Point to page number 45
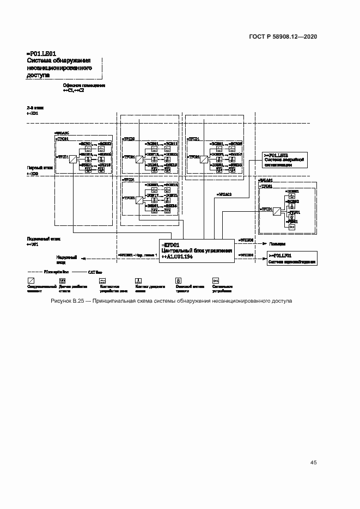pos(313,463)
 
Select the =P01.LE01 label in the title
pos(41,54)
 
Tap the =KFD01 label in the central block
pos(170,245)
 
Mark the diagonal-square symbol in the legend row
pos(30,280)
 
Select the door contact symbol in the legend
pos(139,280)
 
